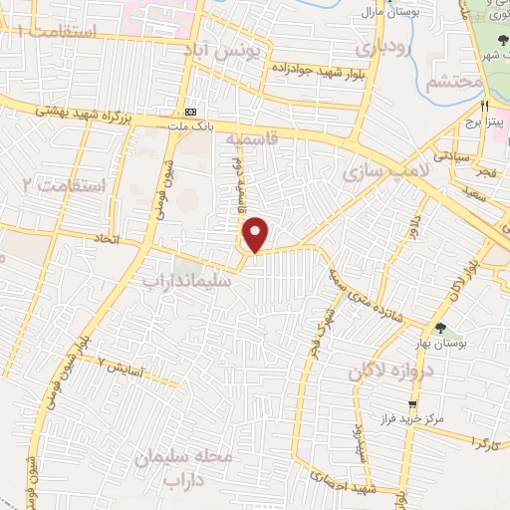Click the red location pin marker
(x=257, y=234)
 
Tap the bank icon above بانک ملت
(x=190, y=112)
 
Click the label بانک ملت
(x=190, y=125)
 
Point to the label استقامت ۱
(x=60, y=34)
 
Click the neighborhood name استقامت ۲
(x=63, y=185)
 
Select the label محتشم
(x=454, y=82)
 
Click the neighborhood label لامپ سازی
(x=382, y=173)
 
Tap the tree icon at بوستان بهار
(x=440, y=328)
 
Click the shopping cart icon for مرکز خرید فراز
(x=412, y=404)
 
